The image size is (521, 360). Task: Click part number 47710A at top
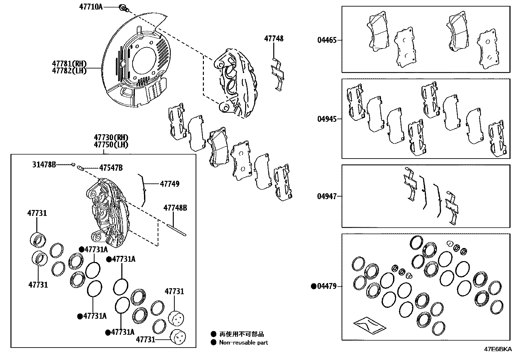91,7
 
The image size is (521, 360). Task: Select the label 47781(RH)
69,63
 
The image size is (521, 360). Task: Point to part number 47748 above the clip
274,39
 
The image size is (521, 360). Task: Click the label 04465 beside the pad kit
326,41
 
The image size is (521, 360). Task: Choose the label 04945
326,119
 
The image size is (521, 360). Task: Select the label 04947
326,197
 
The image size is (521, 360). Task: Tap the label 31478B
44,164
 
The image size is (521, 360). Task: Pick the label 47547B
111,168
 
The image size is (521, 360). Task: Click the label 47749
170,184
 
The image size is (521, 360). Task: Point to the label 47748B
175,208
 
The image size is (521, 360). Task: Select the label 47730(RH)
111,138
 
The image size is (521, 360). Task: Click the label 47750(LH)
111,144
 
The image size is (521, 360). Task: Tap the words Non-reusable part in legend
243,343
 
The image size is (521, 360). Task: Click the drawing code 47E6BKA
497,349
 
